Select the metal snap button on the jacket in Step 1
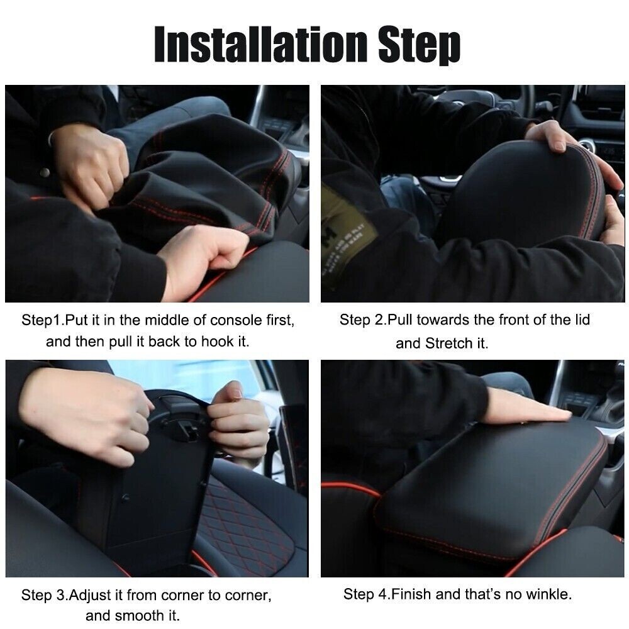point(45,172)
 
